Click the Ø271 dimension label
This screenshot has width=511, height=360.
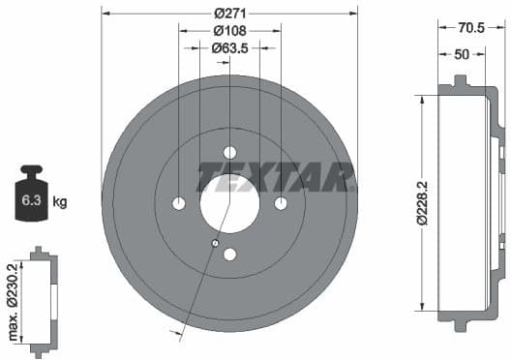point(229,13)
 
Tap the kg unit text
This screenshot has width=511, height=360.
point(59,202)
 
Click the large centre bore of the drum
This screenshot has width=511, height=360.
point(229,203)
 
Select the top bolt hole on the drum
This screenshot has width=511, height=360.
point(229,152)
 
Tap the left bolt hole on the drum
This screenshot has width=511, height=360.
point(179,203)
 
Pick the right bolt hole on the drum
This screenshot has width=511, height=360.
point(281,203)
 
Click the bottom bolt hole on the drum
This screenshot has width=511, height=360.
point(229,255)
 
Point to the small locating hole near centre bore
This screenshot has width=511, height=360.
point(215,242)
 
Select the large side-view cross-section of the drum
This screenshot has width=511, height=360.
point(469,203)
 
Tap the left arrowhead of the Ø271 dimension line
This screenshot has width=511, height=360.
point(105,13)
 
